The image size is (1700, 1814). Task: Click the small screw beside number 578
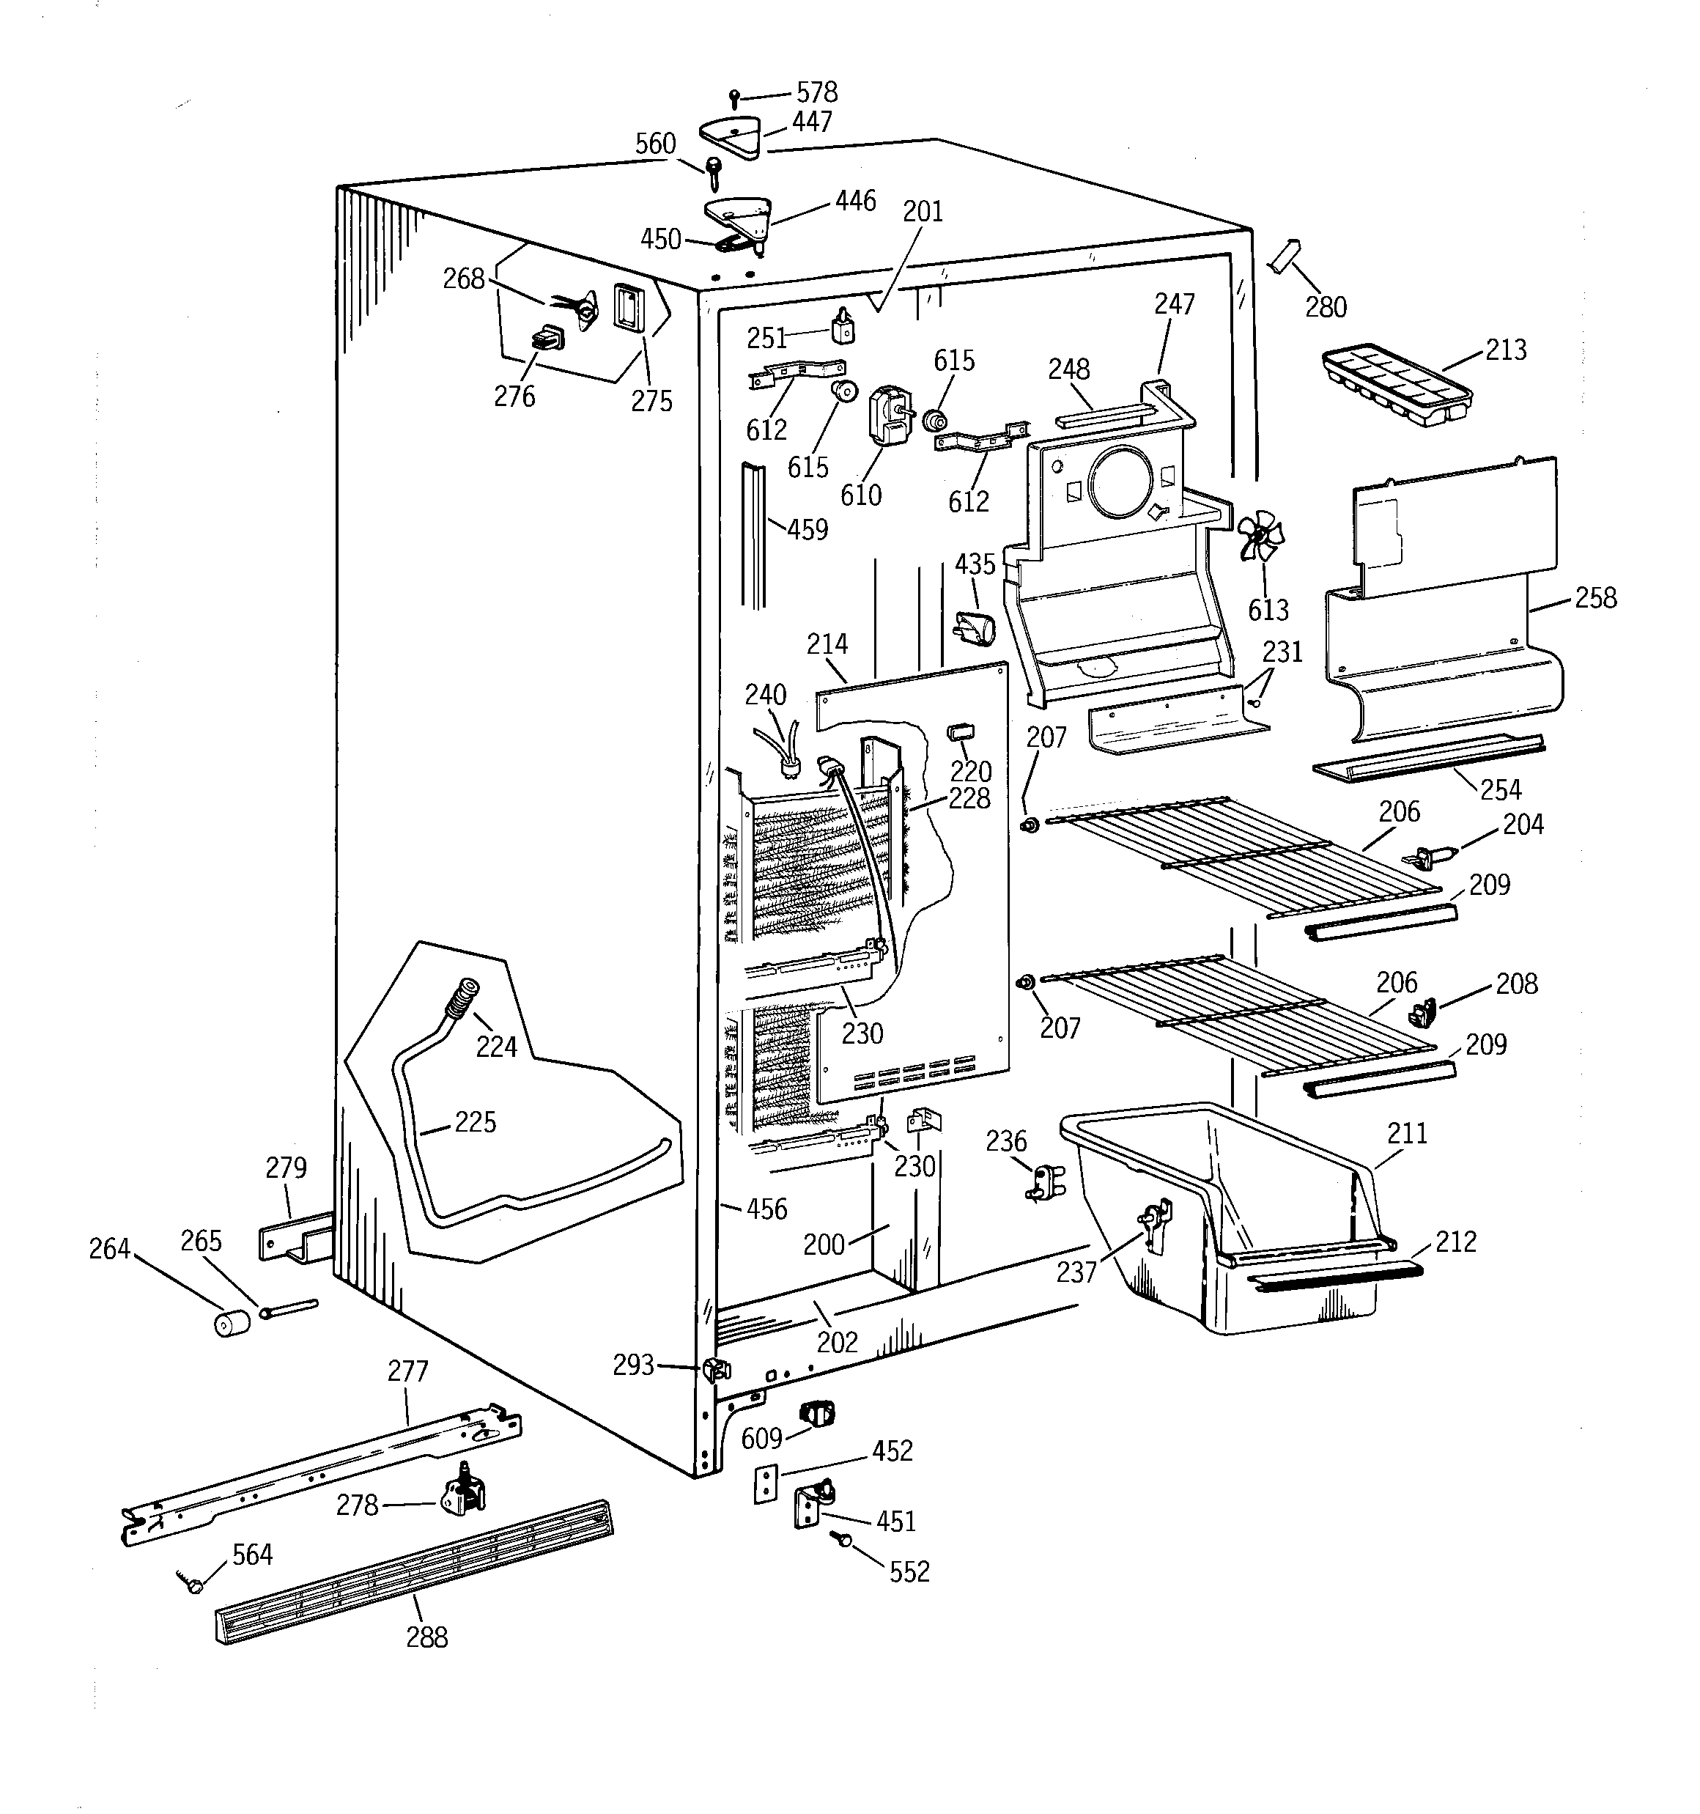(734, 98)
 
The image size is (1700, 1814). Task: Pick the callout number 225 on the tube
(475, 1121)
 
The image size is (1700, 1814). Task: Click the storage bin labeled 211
(1232, 1214)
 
